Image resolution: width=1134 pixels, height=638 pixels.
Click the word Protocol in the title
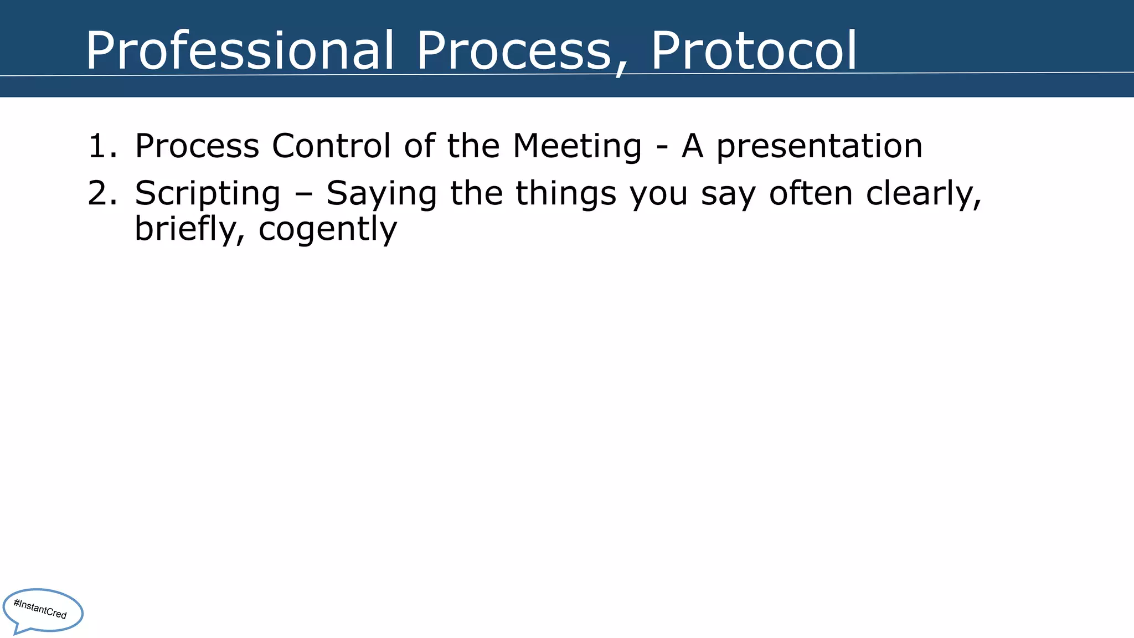[754, 51]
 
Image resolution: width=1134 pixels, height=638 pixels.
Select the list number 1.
[102, 146]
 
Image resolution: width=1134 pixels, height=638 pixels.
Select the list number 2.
[102, 193]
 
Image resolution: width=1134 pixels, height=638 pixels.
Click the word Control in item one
[331, 146]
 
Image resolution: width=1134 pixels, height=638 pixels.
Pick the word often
[811, 193]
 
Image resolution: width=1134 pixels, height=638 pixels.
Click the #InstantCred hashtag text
[40, 609]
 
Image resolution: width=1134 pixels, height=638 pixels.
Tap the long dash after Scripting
[303, 195]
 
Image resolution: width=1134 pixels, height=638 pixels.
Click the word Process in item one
[197, 146]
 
